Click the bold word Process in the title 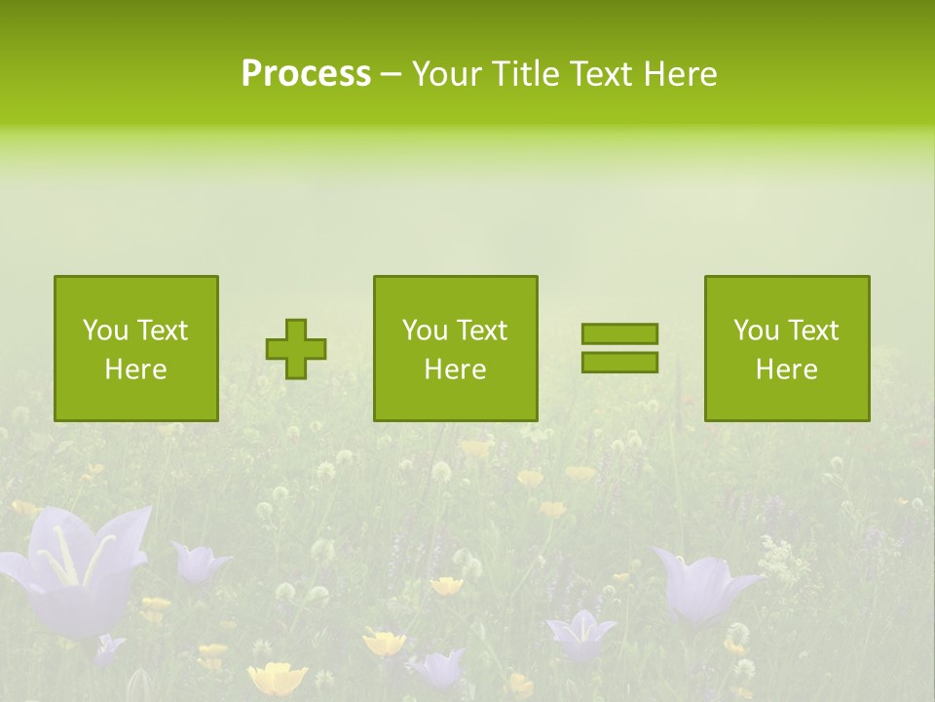[x=306, y=74]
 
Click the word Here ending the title [x=682, y=74]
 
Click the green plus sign [x=297, y=349]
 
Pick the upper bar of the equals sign [x=619, y=333]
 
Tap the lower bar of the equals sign [x=619, y=362]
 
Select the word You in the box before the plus [x=105, y=331]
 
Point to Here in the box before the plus [x=135, y=370]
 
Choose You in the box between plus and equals [x=425, y=331]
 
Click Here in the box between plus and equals [x=455, y=370]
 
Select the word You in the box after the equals [x=756, y=331]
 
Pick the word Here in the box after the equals [x=786, y=370]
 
